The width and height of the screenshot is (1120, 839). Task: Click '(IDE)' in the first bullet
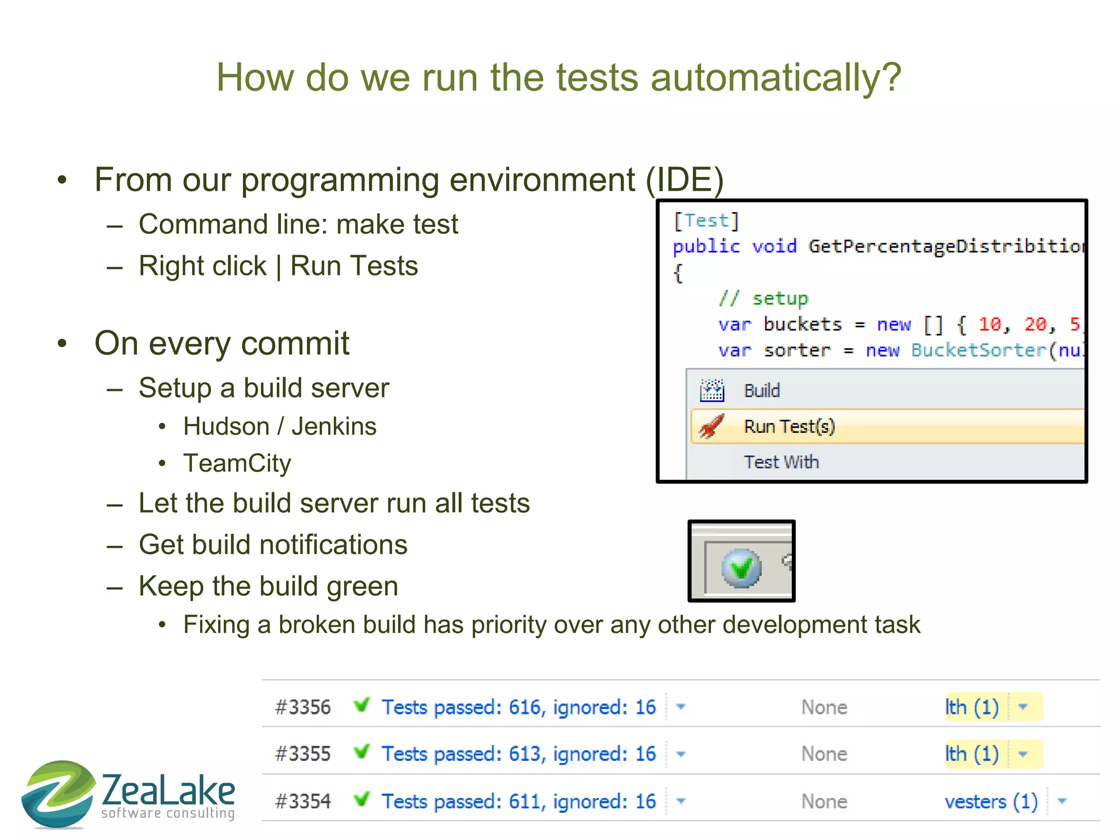pyautogui.click(x=685, y=180)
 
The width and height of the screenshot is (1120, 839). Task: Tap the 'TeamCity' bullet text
pyautogui.click(x=237, y=463)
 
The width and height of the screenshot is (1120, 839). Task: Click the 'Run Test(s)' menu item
pyautogui.click(x=789, y=426)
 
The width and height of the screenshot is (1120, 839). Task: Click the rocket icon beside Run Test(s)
pyautogui.click(x=711, y=426)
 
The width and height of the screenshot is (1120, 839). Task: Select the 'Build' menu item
pyautogui.click(x=761, y=391)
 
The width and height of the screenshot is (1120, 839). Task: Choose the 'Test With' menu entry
pyautogui.click(x=781, y=462)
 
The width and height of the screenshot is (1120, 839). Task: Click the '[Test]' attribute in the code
pyautogui.click(x=706, y=221)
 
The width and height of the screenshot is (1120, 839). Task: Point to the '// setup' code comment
pyautogui.click(x=763, y=298)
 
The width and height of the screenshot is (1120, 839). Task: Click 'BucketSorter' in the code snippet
pyautogui.click(x=978, y=350)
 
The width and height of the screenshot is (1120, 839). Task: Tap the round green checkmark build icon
pyautogui.click(x=741, y=568)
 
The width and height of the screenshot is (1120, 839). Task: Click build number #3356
pyautogui.click(x=303, y=707)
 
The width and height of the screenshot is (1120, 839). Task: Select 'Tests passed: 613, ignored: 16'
pyautogui.click(x=518, y=754)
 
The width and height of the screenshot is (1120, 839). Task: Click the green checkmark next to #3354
pyautogui.click(x=361, y=800)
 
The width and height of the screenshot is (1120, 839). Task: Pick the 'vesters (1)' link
pyautogui.click(x=991, y=802)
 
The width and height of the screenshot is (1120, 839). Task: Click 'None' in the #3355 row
pyautogui.click(x=824, y=754)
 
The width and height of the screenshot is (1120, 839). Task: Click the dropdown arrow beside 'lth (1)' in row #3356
pyautogui.click(x=1023, y=707)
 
